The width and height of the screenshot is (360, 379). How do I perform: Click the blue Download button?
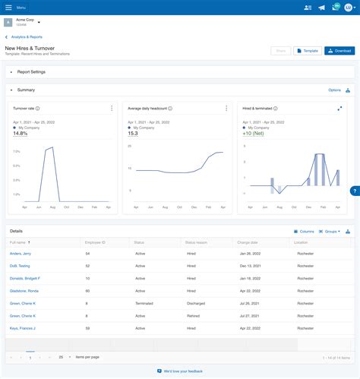tap(339, 51)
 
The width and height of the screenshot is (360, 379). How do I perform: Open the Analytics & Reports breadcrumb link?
tap(26, 36)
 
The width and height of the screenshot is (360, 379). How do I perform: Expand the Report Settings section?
tap(31, 72)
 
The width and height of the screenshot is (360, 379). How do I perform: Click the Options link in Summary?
tap(334, 90)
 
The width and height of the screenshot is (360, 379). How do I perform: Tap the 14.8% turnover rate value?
tap(21, 134)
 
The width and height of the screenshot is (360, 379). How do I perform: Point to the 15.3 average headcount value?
tap(134, 134)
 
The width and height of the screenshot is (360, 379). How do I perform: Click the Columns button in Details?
tap(304, 231)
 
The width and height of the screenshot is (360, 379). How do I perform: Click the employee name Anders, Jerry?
tap(21, 253)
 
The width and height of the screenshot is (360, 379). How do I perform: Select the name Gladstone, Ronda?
tap(24, 291)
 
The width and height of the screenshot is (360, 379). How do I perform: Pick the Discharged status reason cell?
tap(196, 303)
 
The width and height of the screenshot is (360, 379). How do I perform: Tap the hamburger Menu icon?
tap(8, 7)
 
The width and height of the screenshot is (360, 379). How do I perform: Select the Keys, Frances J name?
tap(23, 328)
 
